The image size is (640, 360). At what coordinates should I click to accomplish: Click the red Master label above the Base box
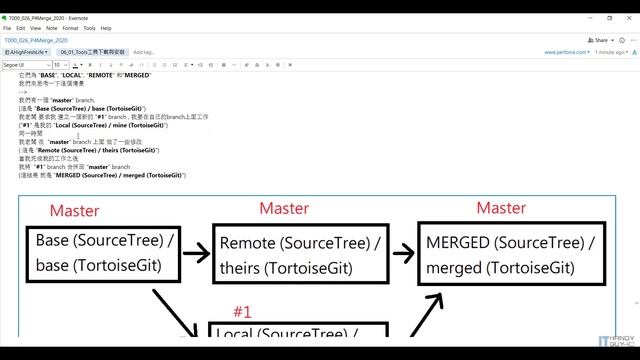pyautogui.click(x=74, y=211)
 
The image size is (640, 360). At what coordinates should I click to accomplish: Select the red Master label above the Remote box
pyautogui.click(x=283, y=208)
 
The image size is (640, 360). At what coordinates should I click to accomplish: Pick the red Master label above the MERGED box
pyautogui.click(x=501, y=208)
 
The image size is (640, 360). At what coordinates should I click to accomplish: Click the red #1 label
pyautogui.click(x=242, y=311)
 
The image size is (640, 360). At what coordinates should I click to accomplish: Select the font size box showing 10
pyautogui.click(x=59, y=64)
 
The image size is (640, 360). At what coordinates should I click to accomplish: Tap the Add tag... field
pyautogui.click(x=144, y=51)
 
